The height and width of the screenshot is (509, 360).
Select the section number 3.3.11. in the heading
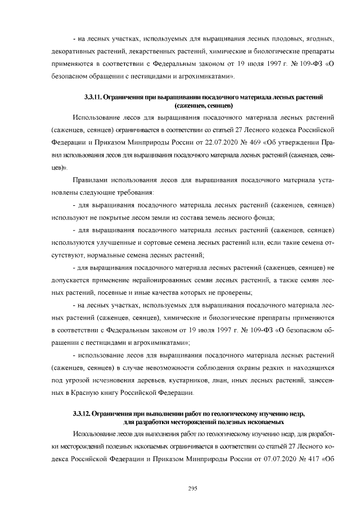[x=92, y=98]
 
